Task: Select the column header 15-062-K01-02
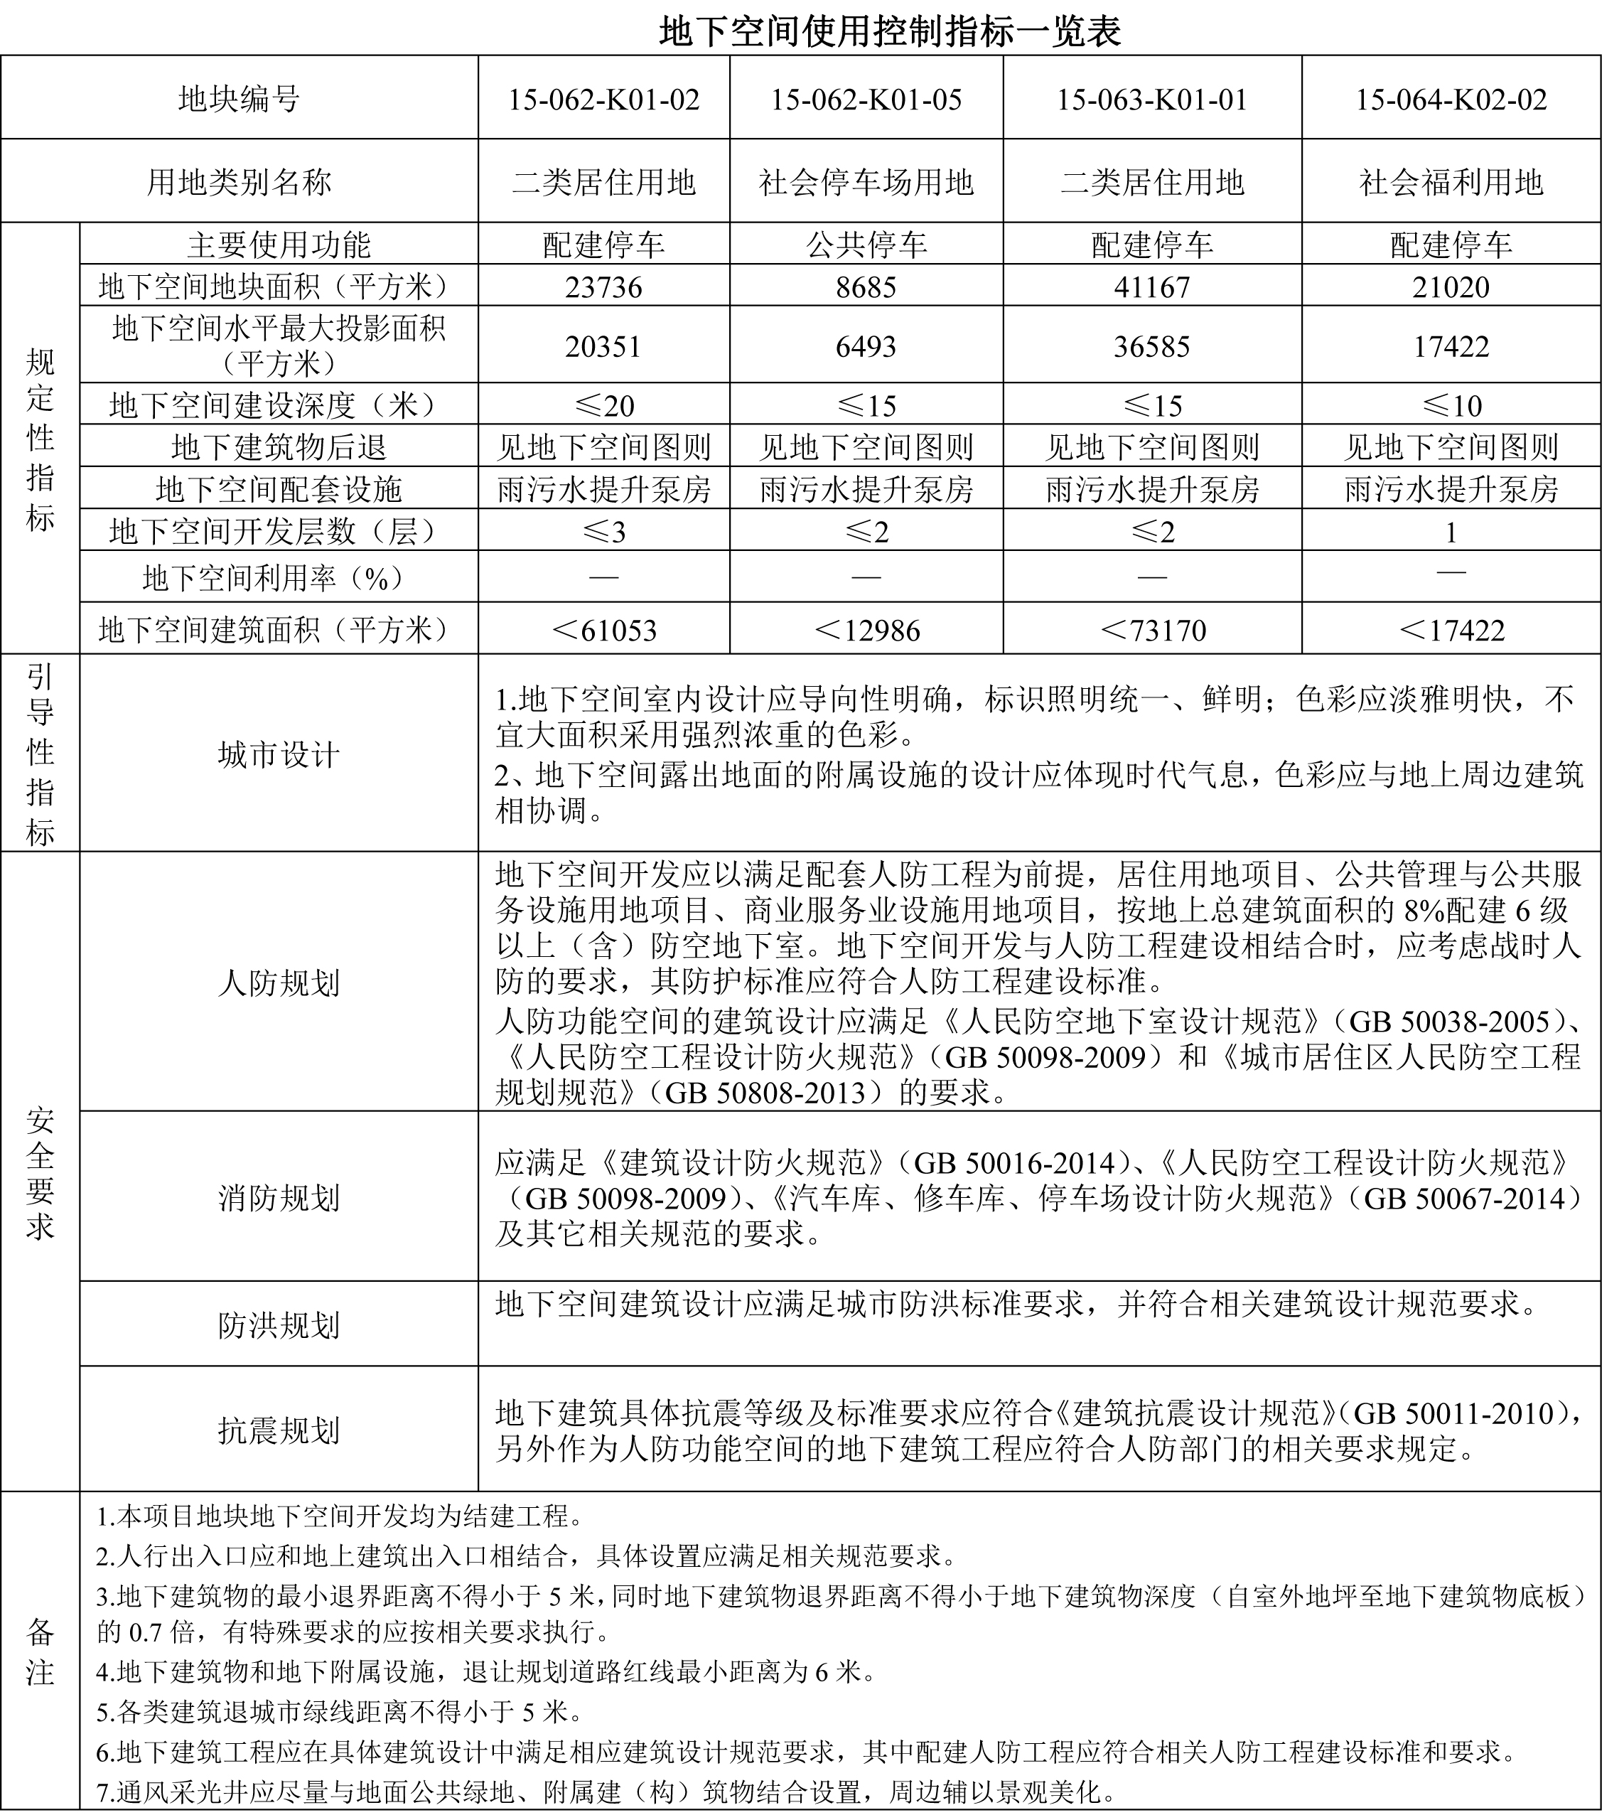[603, 99]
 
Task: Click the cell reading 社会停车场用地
[866, 183]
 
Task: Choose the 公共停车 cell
[866, 245]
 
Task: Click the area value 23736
[603, 287]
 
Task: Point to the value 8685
[866, 287]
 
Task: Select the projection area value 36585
[1151, 346]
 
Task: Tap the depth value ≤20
[603, 406]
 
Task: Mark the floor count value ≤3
[603, 532]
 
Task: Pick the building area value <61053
[603, 631]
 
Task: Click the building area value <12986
[866, 631]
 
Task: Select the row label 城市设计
[279, 755]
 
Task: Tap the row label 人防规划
[279, 983]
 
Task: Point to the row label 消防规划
[279, 1197]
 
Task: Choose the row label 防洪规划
[279, 1325]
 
